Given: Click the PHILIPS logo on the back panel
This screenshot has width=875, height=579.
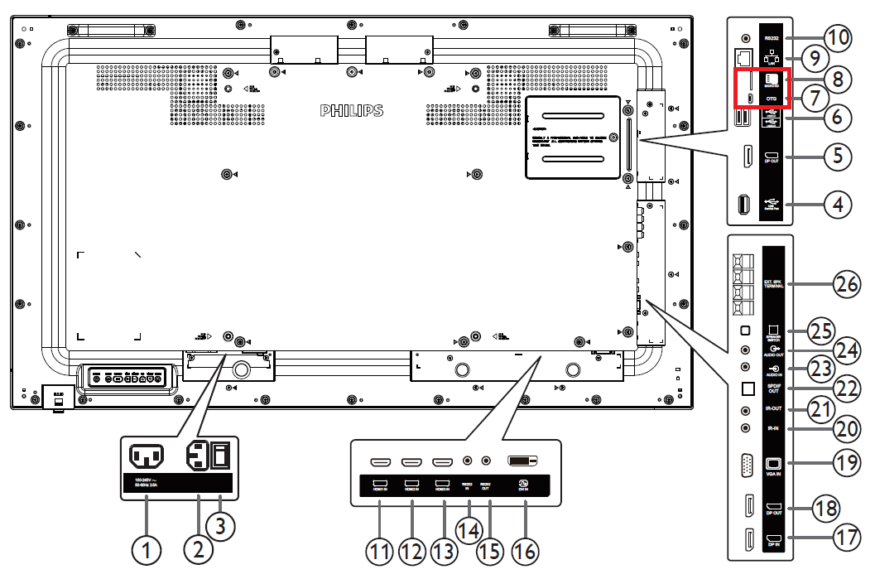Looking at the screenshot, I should (x=352, y=110).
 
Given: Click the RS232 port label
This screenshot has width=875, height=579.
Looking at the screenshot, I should (x=771, y=38).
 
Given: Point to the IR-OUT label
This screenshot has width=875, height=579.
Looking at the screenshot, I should (x=773, y=408).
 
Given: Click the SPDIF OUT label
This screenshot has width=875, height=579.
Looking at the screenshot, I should (x=773, y=388).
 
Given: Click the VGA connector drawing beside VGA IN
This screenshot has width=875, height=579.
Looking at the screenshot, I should (x=746, y=467).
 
